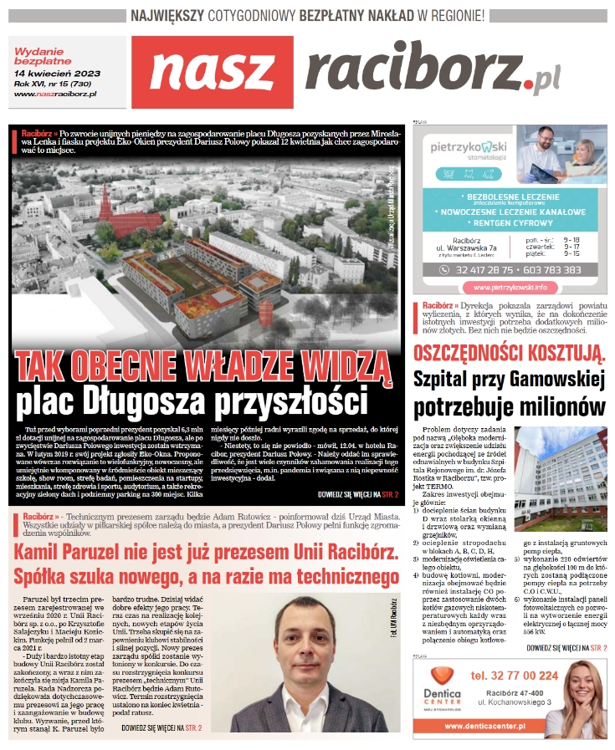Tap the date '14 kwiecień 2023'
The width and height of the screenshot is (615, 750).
(58, 74)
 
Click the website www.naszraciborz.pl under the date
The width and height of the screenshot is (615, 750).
(56, 93)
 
